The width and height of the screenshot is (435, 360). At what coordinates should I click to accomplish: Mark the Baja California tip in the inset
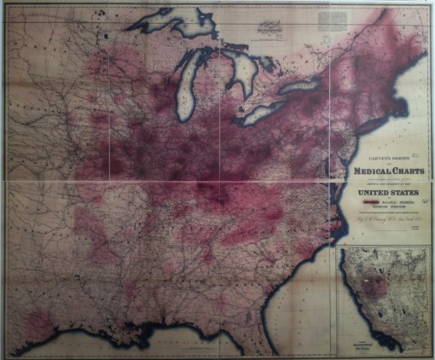(393, 345)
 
